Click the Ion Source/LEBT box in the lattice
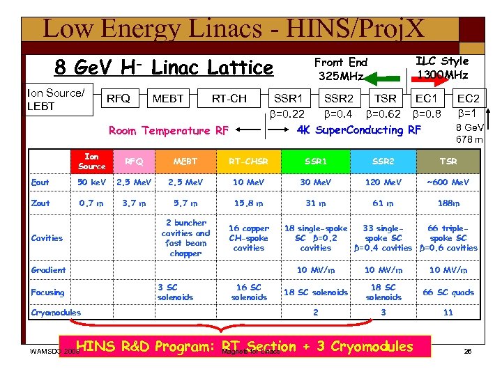point(56,99)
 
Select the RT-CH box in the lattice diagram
point(229,99)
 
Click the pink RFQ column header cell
point(134,162)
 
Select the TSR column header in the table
point(448,162)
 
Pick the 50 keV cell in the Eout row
point(91,182)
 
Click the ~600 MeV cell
point(448,182)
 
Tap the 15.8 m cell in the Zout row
point(249,203)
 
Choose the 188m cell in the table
point(448,203)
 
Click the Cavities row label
point(47,238)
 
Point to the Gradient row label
point(48,270)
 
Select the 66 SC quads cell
point(448,292)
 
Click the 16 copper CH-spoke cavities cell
point(249,238)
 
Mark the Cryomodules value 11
point(448,313)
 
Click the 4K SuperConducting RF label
point(360,130)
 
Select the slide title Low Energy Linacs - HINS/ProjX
point(234,29)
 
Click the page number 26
point(468,352)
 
